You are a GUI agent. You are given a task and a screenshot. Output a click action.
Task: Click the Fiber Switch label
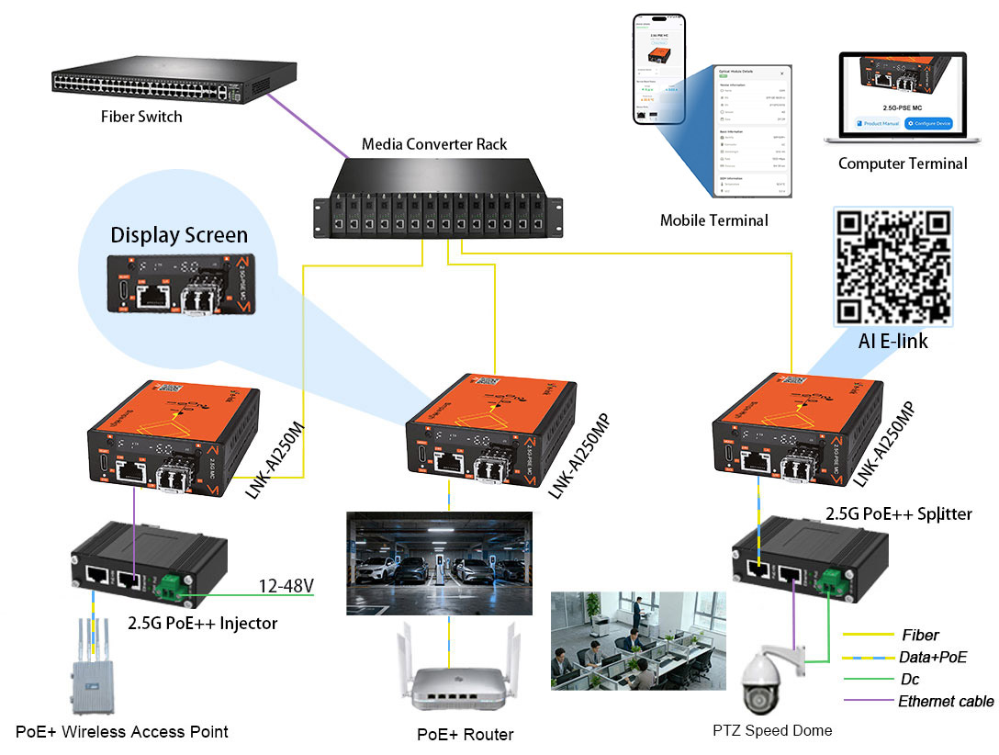click(141, 117)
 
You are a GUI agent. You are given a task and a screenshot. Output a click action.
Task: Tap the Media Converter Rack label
click(434, 144)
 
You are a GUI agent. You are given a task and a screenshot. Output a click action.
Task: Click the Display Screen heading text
click(179, 235)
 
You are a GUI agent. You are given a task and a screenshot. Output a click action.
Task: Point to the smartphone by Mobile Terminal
click(658, 69)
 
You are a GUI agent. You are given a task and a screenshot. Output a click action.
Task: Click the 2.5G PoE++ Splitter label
click(898, 514)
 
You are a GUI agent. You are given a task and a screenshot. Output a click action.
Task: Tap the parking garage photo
click(439, 562)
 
